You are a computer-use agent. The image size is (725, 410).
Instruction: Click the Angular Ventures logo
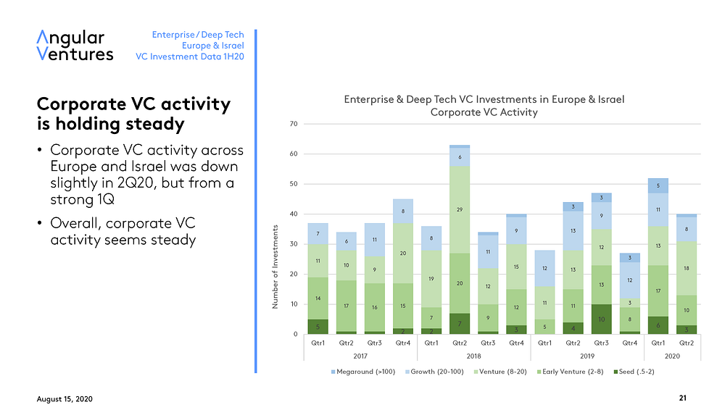[75, 46]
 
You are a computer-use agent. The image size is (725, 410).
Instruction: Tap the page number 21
[682, 398]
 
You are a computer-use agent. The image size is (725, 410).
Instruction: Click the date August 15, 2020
[65, 399]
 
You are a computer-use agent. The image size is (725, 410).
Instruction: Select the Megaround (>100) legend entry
[363, 372]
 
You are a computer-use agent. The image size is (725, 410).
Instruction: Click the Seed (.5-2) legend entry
[634, 372]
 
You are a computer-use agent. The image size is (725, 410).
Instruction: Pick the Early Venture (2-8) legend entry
[570, 372]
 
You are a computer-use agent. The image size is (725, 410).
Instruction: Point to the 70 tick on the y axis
[294, 124]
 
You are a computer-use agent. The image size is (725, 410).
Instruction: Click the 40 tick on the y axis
[294, 214]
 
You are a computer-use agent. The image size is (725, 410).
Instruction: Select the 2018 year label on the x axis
[473, 356]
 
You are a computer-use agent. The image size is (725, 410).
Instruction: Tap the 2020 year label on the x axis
[672, 356]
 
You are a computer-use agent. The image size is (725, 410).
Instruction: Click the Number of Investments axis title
[275, 267]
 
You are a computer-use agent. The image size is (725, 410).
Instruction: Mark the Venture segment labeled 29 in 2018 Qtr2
[460, 209]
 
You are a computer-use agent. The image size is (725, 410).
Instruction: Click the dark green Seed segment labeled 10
[601, 319]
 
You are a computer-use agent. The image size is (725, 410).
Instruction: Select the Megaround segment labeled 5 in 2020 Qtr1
[658, 186]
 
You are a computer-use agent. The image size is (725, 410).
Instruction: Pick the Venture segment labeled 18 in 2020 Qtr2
[686, 268]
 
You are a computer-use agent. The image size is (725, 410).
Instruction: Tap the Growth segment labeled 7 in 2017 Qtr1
[318, 234]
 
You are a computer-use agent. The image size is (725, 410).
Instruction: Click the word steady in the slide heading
[152, 124]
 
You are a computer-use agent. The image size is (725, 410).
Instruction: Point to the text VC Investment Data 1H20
[189, 57]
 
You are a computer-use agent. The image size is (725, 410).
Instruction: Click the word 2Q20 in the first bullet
[137, 183]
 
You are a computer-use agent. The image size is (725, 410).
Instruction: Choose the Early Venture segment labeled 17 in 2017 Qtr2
[347, 306]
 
